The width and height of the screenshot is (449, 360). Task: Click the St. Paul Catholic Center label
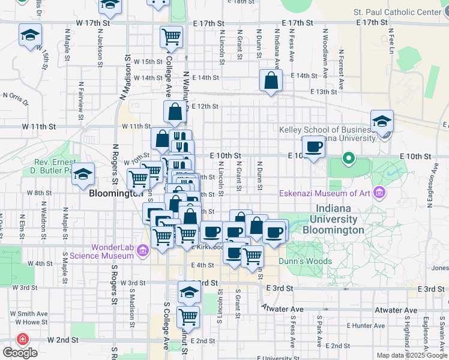[397, 12]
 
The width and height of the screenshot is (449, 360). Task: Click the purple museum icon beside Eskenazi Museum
[379, 193]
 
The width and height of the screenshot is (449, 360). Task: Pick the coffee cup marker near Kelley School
[313, 146]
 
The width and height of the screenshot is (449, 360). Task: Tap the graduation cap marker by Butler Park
[83, 175]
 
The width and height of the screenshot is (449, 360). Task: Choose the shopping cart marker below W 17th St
[171, 37]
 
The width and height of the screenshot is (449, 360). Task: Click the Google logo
[19, 352]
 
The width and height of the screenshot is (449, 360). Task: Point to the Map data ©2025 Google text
[411, 355]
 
